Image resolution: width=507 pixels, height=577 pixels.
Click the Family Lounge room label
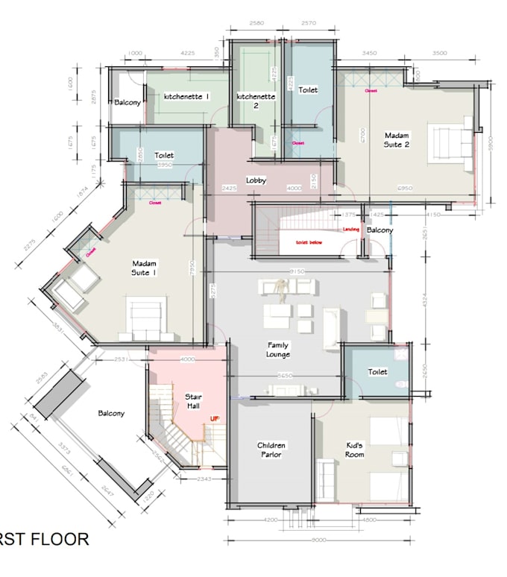coord(279,350)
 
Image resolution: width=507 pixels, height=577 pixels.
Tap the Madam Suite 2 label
coord(397,139)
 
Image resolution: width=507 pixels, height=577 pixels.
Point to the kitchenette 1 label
coord(186,97)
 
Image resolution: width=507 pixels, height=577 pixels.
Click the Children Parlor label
coord(271,450)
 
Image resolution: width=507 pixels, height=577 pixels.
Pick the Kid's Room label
coord(355,450)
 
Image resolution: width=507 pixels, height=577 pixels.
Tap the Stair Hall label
coord(194,401)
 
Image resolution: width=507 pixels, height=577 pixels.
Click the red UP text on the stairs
coord(214,420)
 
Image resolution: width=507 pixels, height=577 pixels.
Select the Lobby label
coord(256,180)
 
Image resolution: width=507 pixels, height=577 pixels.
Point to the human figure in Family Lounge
coord(280,290)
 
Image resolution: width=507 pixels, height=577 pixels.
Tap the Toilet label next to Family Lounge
coord(377,371)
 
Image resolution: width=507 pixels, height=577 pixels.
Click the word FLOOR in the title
coord(55,539)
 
